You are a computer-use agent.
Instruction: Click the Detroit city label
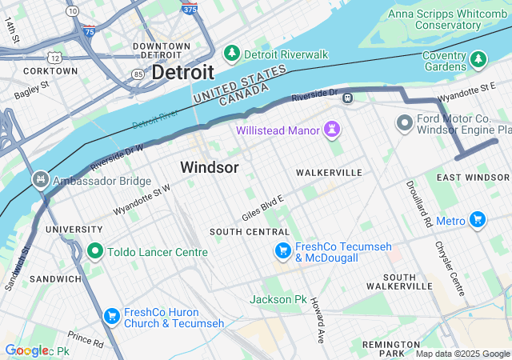(x=182, y=71)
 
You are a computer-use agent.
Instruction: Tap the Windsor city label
(x=209, y=167)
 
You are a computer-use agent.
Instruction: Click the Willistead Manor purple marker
(x=332, y=130)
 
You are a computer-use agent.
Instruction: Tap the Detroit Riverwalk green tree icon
(x=232, y=54)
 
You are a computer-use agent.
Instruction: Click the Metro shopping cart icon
(x=478, y=219)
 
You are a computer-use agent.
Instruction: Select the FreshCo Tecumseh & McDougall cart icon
(x=282, y=251)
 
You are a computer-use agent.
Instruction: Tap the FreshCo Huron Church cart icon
(x=111, y=317)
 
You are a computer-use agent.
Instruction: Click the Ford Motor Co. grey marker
(x=404, y=123)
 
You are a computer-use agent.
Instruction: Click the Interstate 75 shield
(x=88, y=31)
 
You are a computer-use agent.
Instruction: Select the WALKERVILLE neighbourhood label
(x=329, y=173)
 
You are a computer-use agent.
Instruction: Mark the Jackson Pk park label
(x=278, y=299)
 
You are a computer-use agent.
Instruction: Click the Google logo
(x=26, y=350)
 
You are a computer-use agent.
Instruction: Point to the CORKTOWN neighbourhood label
(x=50, y=70)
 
